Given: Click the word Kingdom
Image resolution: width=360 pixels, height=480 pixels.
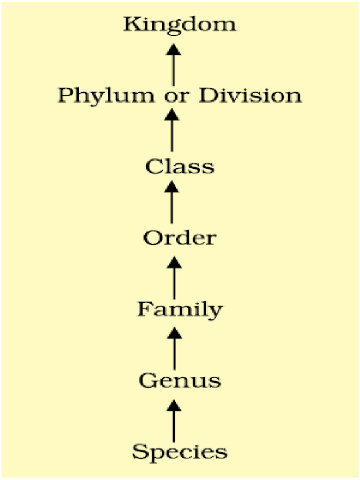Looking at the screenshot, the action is pyautogui.click(x=180, y=25).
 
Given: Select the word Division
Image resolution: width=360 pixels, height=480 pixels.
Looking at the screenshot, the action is pyautogui.click(x=250, y=95).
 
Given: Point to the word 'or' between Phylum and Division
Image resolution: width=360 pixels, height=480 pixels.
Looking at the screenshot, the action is pyautogui.click(x=177, y=96).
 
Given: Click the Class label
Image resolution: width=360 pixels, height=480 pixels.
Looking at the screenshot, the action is pyautogui.click(x=180, y=167).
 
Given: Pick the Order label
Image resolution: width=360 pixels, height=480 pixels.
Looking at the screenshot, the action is pyautogui.click(x=180, y=238).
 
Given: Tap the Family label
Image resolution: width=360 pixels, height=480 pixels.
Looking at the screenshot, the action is pyautogui.click(x=180, y=310).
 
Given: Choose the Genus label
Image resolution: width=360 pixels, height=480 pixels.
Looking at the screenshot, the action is pyautogui.click(x=180, y=381).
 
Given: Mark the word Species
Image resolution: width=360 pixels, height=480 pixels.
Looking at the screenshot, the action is pyautogui.click(x=180, y=452).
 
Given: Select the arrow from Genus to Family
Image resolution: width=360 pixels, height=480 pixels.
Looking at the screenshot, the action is pyautogui.click(x=174, y=348).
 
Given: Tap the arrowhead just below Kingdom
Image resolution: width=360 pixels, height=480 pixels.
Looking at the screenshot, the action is pyautogui.click(x=174, y=49).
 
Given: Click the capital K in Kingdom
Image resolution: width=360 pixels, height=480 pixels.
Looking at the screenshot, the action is pyautogui.click(x=132, y=25).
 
